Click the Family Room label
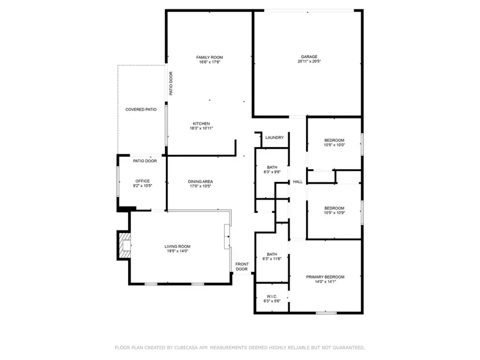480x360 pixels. pyautogui.click(x=209, y=58)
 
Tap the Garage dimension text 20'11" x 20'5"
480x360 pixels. pyautogui.click(x=309, y=61)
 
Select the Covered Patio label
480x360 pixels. pyautogui.click(x=141, y=109)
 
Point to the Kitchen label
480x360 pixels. pyautogui.click(x=201, y=124)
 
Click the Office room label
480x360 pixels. pyautogui.click(x=142, y=181)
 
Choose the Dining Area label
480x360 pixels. pyautogui.click(x=201, y=181)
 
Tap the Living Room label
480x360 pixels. pyautogui.click(x=177, y=246)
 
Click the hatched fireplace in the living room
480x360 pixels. pyautogui.click(x=124, y=245)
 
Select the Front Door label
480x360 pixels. pyautogui.click(x=242, y=267)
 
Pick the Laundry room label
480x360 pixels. pyautogui.click(x=275, y=138)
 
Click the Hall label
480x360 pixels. pyautogui.click(x=298, y=182)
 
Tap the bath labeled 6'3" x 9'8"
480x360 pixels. pyautogui.click(x=272, y=170)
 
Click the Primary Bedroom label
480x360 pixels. pyautogui.click(x=325, y=277)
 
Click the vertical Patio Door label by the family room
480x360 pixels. pyautogui.click(x=171, y=84)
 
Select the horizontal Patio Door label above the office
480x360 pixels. pyautogui.click(x=145, y=161)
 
